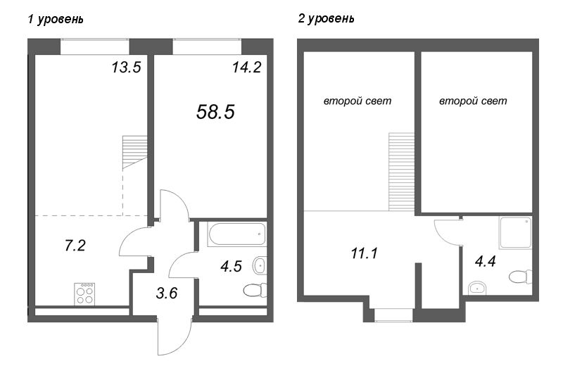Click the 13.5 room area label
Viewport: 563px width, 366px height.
click(126, 67)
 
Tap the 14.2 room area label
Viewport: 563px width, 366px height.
click(246, 67)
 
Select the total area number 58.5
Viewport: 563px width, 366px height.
click(215, 112)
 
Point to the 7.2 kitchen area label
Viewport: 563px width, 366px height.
click(75, 246)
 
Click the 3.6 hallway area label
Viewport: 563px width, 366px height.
click(167, 293)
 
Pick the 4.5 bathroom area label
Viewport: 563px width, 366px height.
click(232, 267)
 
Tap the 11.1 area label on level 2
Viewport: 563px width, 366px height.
click(364, 253)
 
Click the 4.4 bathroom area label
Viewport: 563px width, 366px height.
click(485, 261)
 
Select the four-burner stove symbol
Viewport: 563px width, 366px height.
click(84, 294)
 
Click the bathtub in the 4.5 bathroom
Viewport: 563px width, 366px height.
click(236, 234)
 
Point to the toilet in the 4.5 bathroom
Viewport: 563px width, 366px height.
click(255, 290)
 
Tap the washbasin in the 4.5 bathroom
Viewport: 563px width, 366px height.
click(259, 266)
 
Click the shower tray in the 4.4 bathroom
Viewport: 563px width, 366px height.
click(515, 232)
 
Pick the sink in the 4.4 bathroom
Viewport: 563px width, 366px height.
click(477, 288)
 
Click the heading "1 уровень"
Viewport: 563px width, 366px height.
click(56, 19)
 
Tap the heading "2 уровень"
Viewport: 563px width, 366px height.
click(326, 18)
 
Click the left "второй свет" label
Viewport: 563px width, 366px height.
click(358, 101)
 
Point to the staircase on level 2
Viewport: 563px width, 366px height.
click(402, 172)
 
